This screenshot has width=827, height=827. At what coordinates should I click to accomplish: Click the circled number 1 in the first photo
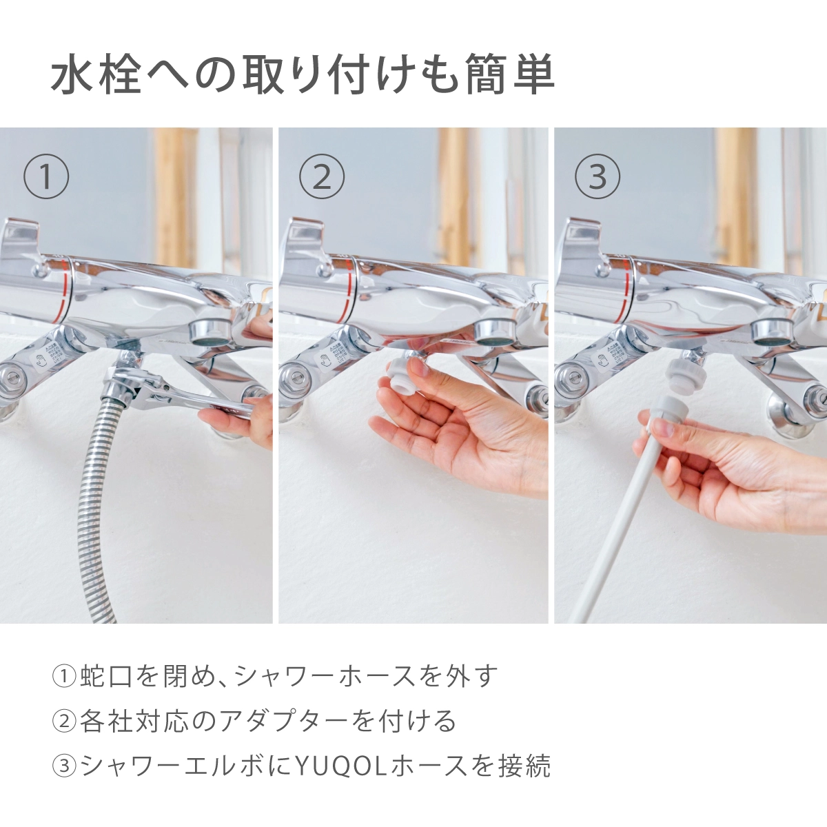(46, 176)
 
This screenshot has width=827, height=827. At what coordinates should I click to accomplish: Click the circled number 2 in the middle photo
(322, 176)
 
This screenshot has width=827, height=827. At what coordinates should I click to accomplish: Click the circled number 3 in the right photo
(598, 176)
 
